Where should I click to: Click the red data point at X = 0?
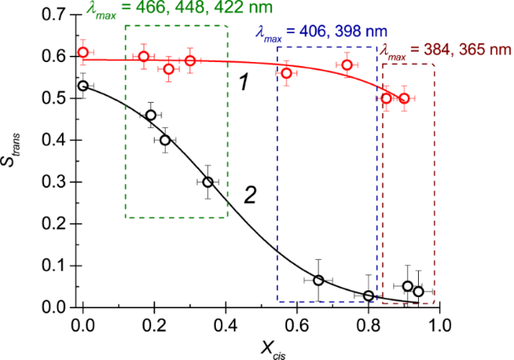point(83,53)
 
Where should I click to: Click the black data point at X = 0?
point(83,86)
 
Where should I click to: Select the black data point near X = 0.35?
point(208,182)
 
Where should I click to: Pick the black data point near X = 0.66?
point(319,280)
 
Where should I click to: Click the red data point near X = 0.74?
point(347,65)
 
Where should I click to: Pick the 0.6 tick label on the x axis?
point(297,324)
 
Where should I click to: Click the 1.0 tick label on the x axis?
point(439,324)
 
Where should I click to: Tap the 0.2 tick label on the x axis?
point(154,324)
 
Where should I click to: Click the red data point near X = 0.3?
point(190,61)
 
